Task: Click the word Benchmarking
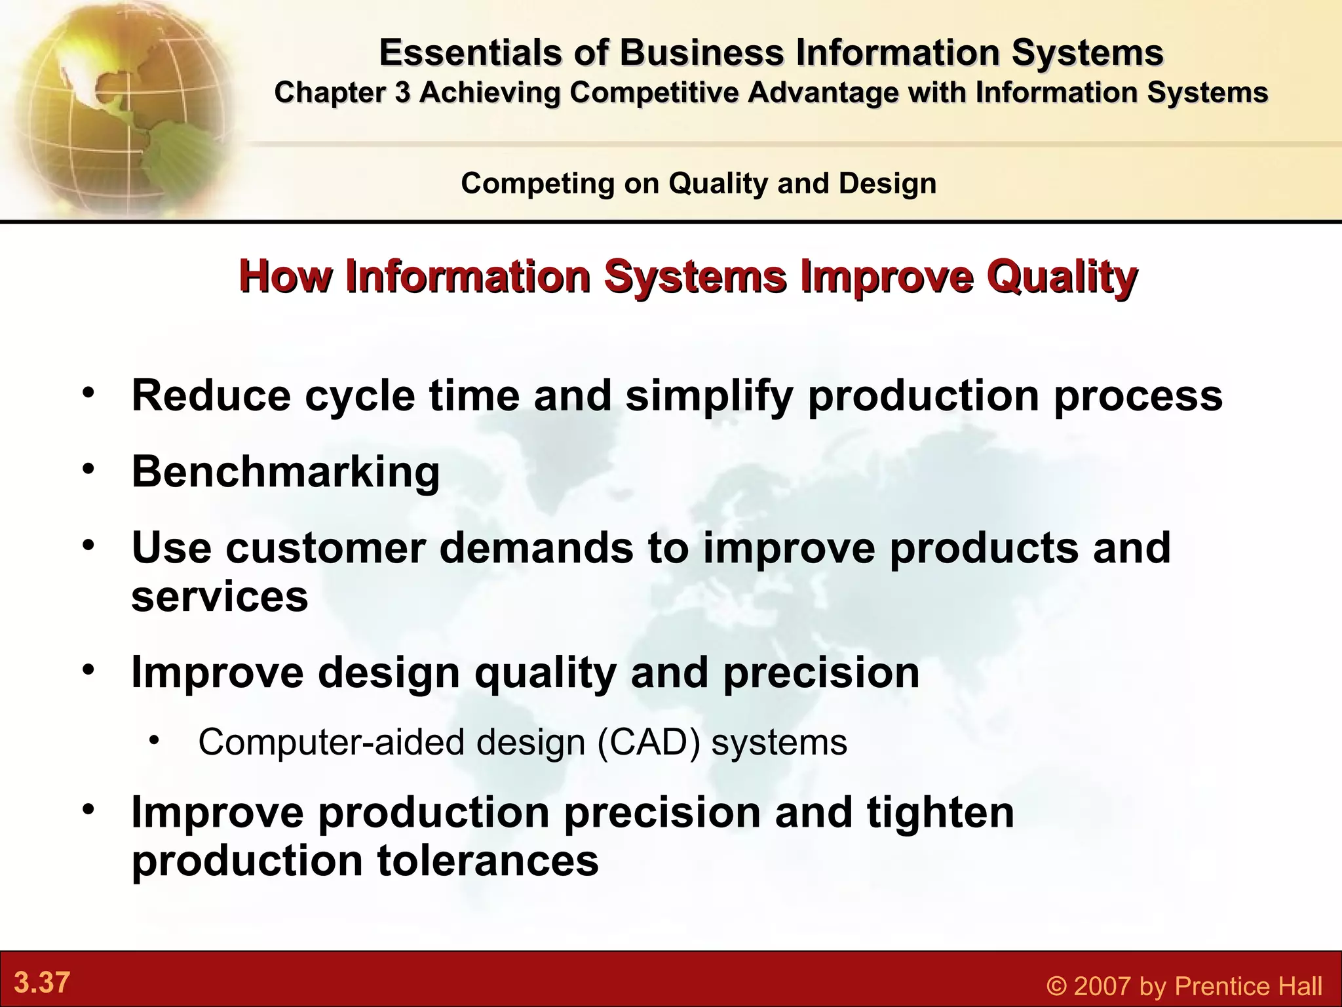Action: point(286,472)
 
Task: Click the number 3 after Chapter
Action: point(402,92)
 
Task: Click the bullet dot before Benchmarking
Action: point(88,468)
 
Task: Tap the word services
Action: point(220,597)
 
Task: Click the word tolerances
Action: point(488,861)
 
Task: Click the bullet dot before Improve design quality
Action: point(88,669)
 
